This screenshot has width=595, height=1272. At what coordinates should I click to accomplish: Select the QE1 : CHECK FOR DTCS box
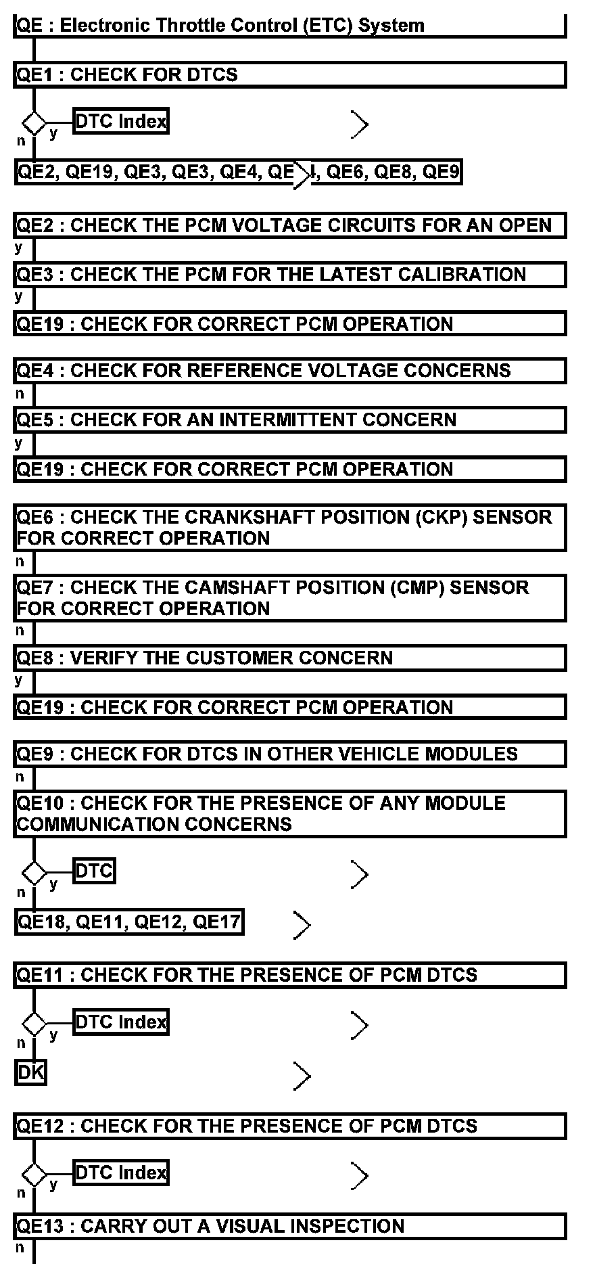(x=289, y=74)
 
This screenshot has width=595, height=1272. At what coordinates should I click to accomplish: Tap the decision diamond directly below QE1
(x=34, y=124)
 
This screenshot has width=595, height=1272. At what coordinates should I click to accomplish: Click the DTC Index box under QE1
(x=120, y=122)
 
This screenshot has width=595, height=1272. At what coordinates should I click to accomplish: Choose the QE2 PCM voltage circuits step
(x=289, y=225)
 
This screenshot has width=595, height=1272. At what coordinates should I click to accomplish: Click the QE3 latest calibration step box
(x=289, y=275)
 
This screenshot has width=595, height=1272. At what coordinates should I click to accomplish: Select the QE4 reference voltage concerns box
(x=289, y=371)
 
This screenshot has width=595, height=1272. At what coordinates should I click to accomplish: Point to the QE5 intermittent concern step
(x=289, y=420)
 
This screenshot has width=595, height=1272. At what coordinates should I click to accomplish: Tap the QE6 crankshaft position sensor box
(x=289, y=528)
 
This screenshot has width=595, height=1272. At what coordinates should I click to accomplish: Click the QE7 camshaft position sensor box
(x=289, y=598)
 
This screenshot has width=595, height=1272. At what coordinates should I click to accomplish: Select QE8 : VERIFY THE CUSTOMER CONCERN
(x=289, y=658)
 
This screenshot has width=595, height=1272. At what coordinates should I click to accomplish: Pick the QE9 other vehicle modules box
(x=289, y=754)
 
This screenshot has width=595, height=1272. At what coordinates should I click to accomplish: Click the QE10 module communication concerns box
(x=289, y=814)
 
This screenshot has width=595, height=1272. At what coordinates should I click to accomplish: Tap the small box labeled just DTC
(x=94, y=871)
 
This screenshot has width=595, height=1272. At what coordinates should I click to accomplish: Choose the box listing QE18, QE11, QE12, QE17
(x=128, y=922)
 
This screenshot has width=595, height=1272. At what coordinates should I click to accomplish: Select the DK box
(x=30, y=1072)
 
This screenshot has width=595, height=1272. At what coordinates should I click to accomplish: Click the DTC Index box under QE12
(x=120, y=1173)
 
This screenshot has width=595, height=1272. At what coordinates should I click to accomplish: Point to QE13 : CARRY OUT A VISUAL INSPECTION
(x=289, y=1226)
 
